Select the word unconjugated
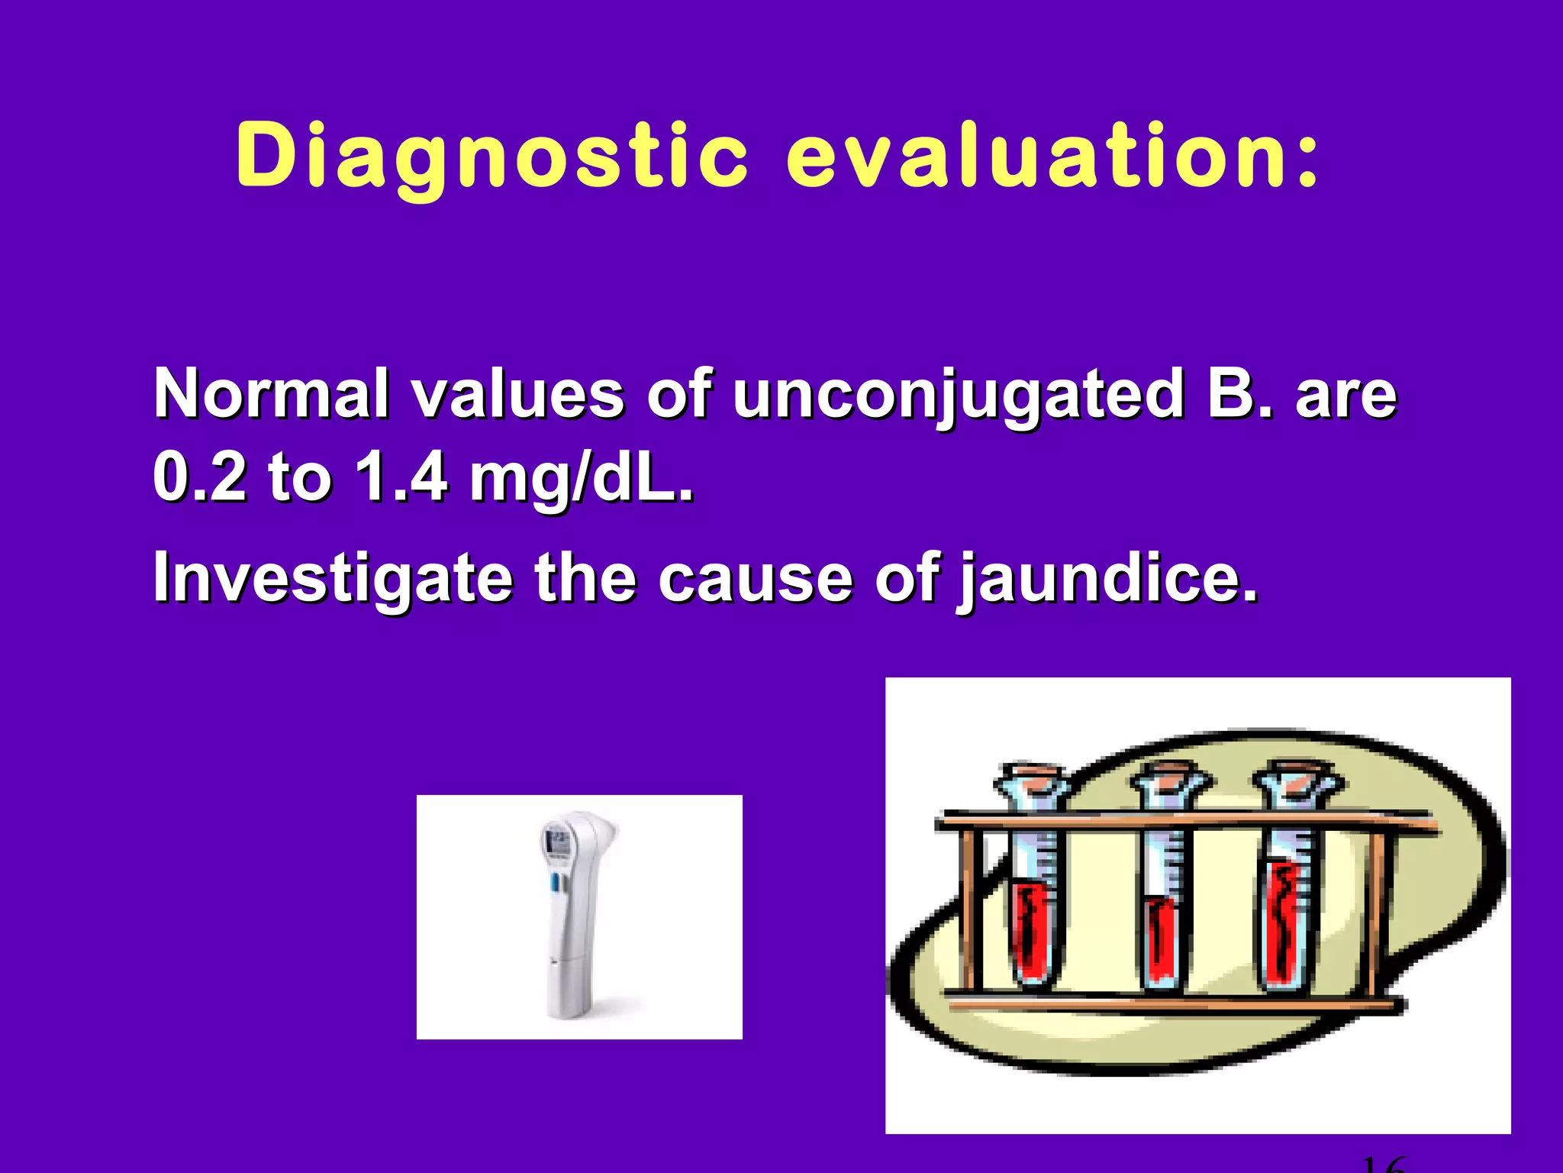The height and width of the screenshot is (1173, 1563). (958, 396)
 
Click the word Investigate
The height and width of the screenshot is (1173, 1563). (333, 579)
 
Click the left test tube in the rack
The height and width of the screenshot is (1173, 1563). (1032, 901)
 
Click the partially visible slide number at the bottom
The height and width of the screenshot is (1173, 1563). (1383, 1165)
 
